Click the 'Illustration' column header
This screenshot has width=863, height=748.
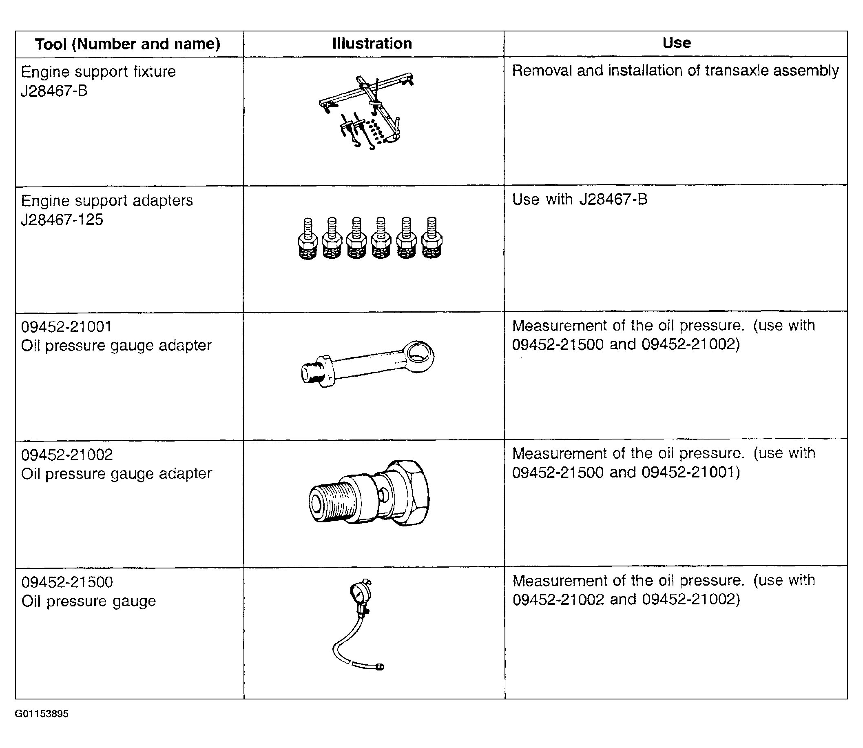(x=372, y=43)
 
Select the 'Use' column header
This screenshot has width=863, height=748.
(x=677, y=42)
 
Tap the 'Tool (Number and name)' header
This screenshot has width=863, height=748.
(x=127, y=44)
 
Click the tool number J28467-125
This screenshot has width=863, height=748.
(x=62, y=220)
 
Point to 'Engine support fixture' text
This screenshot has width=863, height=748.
(x=98, y=72)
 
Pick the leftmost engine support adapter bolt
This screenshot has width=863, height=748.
(x=308, y=238)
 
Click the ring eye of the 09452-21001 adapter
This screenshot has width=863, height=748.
(x=419, y=355)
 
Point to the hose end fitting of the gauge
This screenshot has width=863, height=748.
(x=379, y=667)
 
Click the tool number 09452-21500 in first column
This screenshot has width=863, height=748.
(x=67, y=582)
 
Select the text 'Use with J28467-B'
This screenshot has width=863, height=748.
(x=580, y=199)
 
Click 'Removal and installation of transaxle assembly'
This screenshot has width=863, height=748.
(x=675, y=71)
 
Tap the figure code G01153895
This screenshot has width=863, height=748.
(x=42, y=714)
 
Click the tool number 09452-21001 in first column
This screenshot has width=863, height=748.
(x=66, y=326)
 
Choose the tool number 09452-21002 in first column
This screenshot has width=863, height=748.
(x=67, y=455)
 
